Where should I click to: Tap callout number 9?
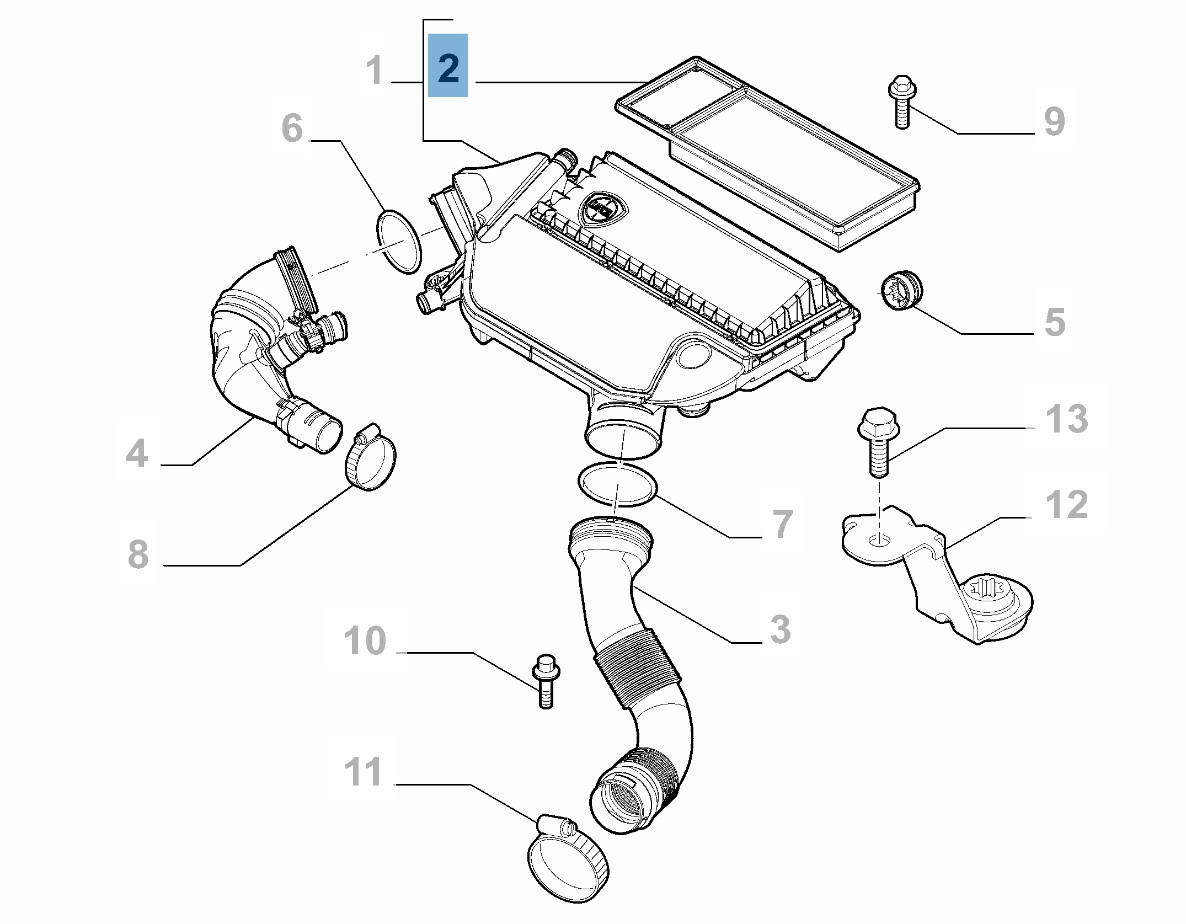[1054, 121]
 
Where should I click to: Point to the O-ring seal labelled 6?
[399, 241]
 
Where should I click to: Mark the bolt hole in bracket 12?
[880, 541]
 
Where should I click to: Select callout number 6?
[292, 128]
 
